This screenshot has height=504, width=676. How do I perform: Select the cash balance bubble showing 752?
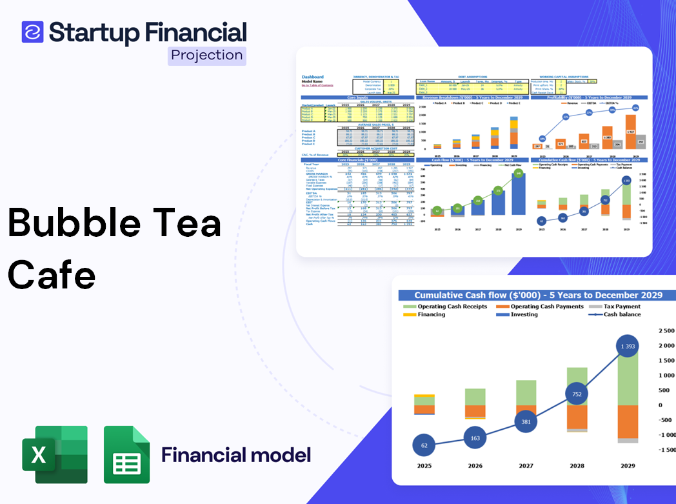577,394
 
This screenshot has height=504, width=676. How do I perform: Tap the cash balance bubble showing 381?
526,422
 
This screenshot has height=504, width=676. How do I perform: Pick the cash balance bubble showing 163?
475,438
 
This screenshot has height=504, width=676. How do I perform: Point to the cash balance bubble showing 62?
424,445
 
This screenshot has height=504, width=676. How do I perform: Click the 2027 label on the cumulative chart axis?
526,465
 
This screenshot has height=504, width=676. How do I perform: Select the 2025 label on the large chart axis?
424,465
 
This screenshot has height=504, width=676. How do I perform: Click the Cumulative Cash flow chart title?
538,295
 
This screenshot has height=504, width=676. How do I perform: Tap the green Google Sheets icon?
126,454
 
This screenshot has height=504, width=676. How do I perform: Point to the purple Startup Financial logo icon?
32,32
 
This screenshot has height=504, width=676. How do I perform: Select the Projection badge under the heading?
207,55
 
